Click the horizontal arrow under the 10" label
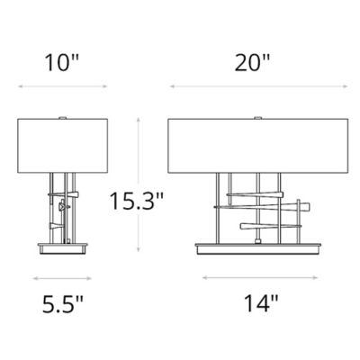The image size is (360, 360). click(62, 87)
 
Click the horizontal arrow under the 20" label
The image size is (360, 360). click(253, 87)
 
